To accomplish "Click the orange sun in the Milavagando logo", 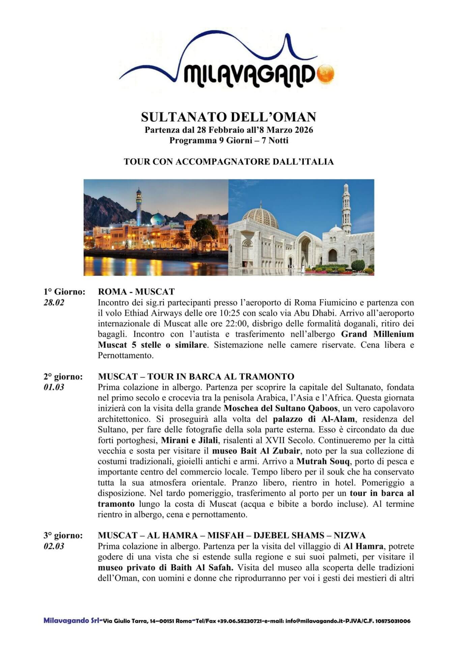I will coord(326,73).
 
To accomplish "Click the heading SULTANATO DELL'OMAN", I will coord(229,117).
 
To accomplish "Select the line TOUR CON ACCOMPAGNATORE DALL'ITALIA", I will coord(229,162).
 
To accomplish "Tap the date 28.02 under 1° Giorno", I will coord(54,302).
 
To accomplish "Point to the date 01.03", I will coord(54,387).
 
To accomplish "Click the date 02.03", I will coord(54,546).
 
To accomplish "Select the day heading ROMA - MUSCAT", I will coord(136,291).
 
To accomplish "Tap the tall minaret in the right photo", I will coord(346,206).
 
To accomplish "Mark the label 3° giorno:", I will coord(63,535).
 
